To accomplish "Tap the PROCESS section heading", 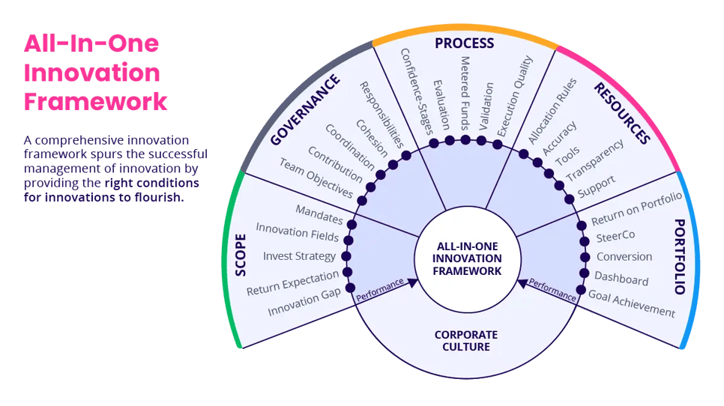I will (x=465, y=43).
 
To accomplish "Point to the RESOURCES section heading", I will (x=621, y=112).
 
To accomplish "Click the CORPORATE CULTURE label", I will (x=465, y=341).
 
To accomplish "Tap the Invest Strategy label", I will (x=300, y=256).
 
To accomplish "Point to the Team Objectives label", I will (x=316, y=178).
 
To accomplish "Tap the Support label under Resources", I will (x=597, y=187).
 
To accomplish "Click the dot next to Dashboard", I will (x=584, y=273).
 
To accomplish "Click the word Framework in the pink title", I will (x=96, y=101).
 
